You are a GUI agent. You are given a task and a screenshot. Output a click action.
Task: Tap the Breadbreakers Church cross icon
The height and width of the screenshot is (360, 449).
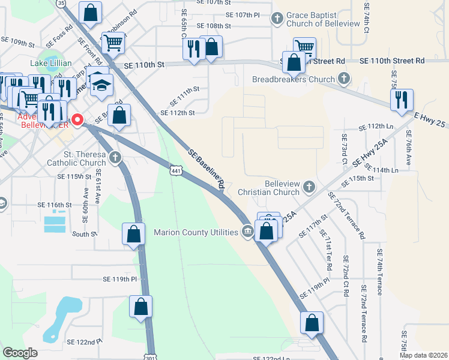point(344,79)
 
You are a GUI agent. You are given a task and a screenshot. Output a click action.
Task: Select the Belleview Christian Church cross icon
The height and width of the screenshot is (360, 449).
point(309,187)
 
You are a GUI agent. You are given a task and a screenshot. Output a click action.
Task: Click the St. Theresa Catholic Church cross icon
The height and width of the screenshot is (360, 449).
point(115,158)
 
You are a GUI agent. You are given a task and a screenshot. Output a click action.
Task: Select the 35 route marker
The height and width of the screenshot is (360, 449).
point(61,3)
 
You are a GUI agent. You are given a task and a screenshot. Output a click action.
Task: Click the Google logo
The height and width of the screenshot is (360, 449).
point(20,353)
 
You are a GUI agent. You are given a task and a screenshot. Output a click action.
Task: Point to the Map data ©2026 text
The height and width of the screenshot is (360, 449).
point(423,355)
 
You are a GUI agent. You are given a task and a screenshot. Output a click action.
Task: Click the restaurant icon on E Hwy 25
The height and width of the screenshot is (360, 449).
point(402,100)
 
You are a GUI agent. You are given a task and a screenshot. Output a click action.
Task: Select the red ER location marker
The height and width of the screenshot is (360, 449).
point(77,120)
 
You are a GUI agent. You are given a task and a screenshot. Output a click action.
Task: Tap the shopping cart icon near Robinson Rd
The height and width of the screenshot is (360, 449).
point(112,43)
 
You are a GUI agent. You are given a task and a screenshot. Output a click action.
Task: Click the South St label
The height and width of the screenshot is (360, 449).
point(84,234)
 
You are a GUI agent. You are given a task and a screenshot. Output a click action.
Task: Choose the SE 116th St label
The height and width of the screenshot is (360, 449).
point(55,205)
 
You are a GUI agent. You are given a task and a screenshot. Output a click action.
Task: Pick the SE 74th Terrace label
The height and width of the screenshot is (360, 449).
point(379,272)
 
